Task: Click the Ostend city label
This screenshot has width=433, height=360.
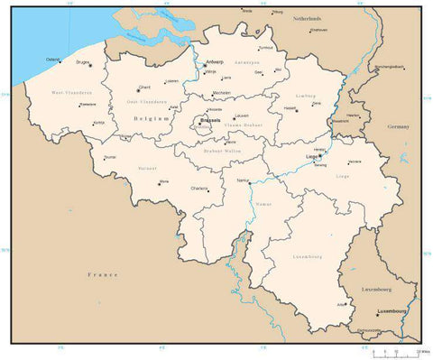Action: [x=52, y=60]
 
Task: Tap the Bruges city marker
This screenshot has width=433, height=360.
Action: [x=90, y=64]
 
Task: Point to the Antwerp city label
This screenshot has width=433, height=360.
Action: [x=214, y=61]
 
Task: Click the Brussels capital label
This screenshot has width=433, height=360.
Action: [x=211, y=119]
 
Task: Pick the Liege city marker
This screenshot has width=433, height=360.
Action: [x=319, y=154]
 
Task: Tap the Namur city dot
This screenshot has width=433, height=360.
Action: [x=250, y=183]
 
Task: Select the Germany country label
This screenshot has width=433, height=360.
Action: [x=398, y=127]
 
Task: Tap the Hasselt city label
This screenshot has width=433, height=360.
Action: [x=290, y=108]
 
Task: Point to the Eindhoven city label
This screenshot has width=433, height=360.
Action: [x=318, y=30]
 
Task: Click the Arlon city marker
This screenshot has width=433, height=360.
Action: [x=348, y=303]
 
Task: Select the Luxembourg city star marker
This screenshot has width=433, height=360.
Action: [x=377, y=314]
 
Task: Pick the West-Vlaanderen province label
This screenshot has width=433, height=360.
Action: [x=69, y=93]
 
